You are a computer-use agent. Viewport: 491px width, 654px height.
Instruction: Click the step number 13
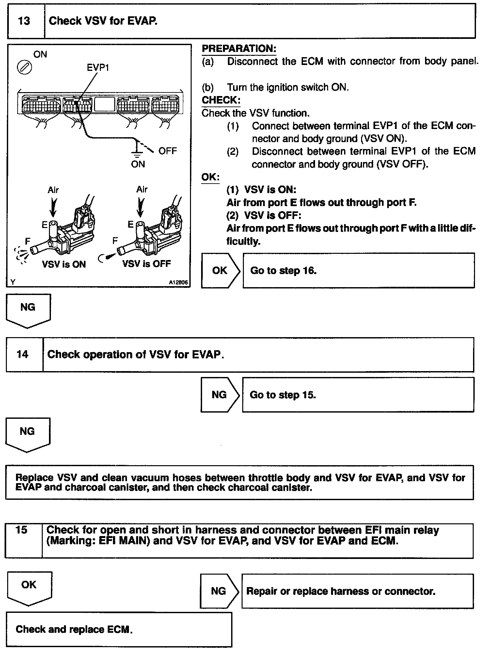click(x=24, y=21)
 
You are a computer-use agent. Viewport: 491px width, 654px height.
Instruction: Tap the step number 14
click(x=23, y=354)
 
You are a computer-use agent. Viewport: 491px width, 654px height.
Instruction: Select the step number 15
click(x=22, y=530)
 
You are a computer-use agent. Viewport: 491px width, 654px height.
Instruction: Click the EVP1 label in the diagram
click(x=98, y=68)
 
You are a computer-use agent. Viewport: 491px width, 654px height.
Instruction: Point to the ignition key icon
click(x=24, y=68)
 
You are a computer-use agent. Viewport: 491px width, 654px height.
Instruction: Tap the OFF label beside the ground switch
click(x=167, y=151)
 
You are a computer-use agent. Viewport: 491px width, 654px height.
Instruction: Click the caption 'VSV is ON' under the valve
click(x=64, y=264)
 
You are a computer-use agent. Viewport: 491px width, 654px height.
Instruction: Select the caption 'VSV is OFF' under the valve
click(x=147, y=264)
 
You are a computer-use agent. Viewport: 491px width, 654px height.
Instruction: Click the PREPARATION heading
click(x=239, y=49)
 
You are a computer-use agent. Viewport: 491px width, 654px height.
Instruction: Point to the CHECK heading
click(x=221, y=100)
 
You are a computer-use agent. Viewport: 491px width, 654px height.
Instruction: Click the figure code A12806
click(x=178, y=283)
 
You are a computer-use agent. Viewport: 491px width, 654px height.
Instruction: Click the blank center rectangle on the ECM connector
click(x=104, y=105)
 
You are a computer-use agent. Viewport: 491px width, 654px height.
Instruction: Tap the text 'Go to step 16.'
click(x=283, y=270)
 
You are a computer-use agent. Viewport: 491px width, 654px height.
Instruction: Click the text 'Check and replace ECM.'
click(x=74, y=629)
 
